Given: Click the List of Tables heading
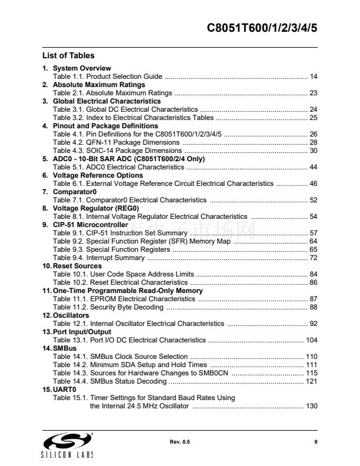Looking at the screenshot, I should point(68,56).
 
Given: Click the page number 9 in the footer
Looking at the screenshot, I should point(316,442).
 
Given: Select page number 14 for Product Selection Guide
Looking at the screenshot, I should point(314,77).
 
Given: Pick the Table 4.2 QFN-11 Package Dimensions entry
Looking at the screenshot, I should point(116,142).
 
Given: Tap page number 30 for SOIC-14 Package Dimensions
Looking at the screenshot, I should point(314,151).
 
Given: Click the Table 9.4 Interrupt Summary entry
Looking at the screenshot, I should point(98,258).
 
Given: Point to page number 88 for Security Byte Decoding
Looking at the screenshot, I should point(314,307).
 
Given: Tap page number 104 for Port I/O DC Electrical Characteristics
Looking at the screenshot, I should point(311,340).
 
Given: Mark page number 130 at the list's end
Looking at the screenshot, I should point(311,406).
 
